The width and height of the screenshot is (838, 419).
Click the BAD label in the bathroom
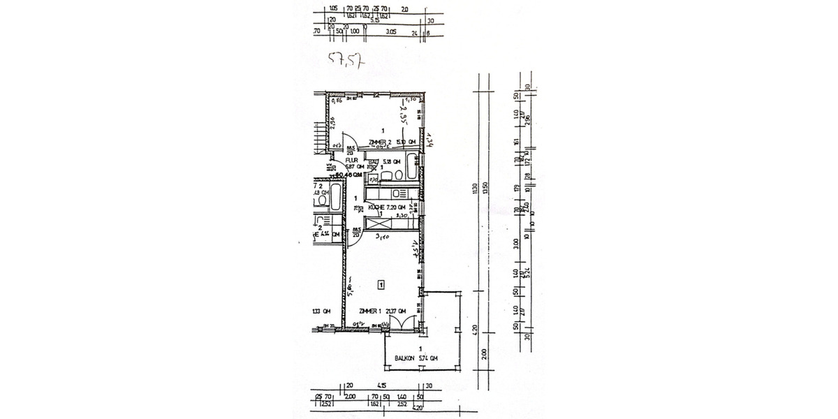click(x=374, y=161)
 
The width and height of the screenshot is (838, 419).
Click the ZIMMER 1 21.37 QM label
click(x=381, y=311)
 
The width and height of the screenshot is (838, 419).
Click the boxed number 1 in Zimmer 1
click(x=381, y=284)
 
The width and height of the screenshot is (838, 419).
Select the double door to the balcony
click(x=403, y=325)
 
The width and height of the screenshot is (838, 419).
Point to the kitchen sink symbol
click(x=399, y=193)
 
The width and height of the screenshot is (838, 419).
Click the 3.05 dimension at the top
click(x=390, y=31)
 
